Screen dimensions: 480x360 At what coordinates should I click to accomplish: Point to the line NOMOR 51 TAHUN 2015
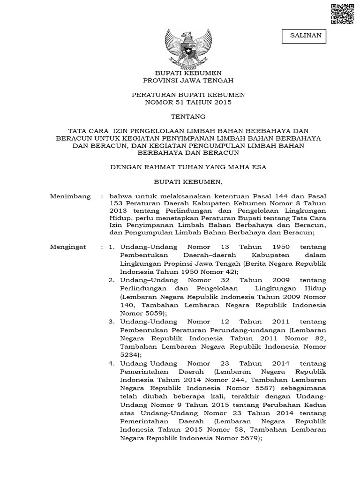coord(188,102)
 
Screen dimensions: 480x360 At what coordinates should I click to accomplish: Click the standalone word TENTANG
coord(188,116)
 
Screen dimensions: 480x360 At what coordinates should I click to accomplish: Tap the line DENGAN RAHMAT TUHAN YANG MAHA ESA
coord(188,166)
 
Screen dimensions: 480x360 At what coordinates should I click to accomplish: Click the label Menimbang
coord(70,196)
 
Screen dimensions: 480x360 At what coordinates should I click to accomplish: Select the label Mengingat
coord(69,247)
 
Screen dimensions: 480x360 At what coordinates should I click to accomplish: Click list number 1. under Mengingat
coord(111,247)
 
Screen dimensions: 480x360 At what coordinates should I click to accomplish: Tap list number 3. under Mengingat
coord(111,322)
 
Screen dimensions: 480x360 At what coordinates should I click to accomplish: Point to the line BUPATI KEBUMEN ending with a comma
coord(188,181)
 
